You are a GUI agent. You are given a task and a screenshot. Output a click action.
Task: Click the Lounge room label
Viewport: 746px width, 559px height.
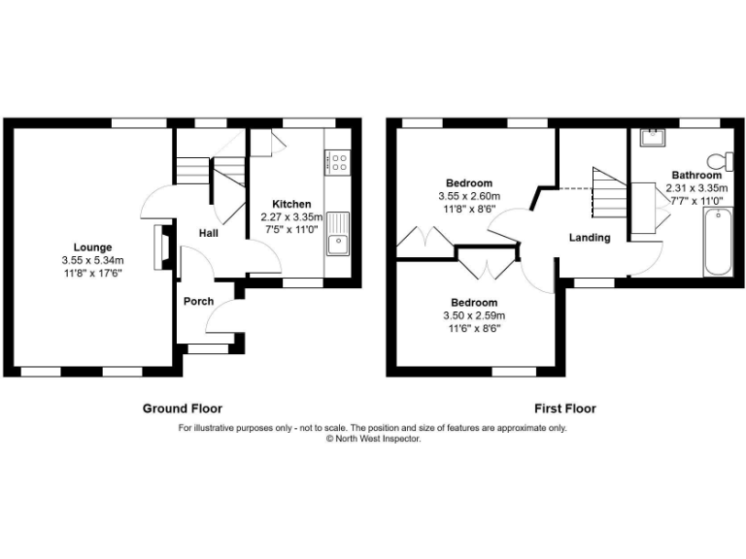pyautogui.click(x=93, y=247)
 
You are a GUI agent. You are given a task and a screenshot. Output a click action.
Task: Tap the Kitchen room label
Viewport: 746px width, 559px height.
pyautogui.click(x=291, y=204)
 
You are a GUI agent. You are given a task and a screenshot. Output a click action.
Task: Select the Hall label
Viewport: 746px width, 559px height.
pyautogui.click(x=209, y=234)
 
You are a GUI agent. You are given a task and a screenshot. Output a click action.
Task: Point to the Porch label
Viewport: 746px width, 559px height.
pyautogui.click(x=198, y=301)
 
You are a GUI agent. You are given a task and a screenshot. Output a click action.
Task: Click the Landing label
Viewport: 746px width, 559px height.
pyautogui.click(x=590, y=238)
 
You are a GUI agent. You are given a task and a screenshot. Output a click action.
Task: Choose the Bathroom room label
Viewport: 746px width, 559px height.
pyautogui.click(x=695, y=176)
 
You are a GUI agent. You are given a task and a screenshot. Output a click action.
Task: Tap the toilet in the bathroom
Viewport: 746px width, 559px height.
pyautogui.click(x=720, y=161)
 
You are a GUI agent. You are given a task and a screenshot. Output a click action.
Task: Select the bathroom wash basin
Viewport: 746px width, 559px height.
pyautogui.click(x=652, y=136)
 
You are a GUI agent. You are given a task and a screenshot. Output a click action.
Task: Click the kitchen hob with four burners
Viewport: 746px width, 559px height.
pyautogui.click(x=339, y=162)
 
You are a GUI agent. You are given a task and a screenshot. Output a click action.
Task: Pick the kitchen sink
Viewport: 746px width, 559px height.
pyautogui.click(x=338, y=234)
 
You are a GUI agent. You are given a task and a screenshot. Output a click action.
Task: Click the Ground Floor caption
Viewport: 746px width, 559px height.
pyautogui.click(x=183, y=409)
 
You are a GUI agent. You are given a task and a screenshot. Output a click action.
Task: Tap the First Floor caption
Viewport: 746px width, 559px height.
pyautogui.click(x=564, y=409)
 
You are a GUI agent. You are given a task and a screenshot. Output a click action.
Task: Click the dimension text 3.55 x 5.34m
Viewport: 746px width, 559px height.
pyautogui.click(x=93, y=260)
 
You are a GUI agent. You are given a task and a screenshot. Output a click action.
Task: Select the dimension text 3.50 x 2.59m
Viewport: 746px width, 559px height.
pyautogui.click(x=474, y=315)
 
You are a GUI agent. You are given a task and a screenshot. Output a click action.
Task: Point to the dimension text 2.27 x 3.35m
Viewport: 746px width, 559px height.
pyautogui.click(x=291, y=216)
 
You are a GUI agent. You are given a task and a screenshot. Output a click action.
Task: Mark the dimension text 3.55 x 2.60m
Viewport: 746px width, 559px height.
pyautogui.click(x=469, y=195)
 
